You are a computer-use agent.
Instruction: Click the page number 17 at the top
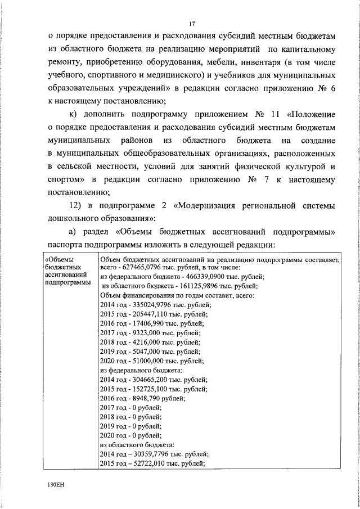coord(191,23)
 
